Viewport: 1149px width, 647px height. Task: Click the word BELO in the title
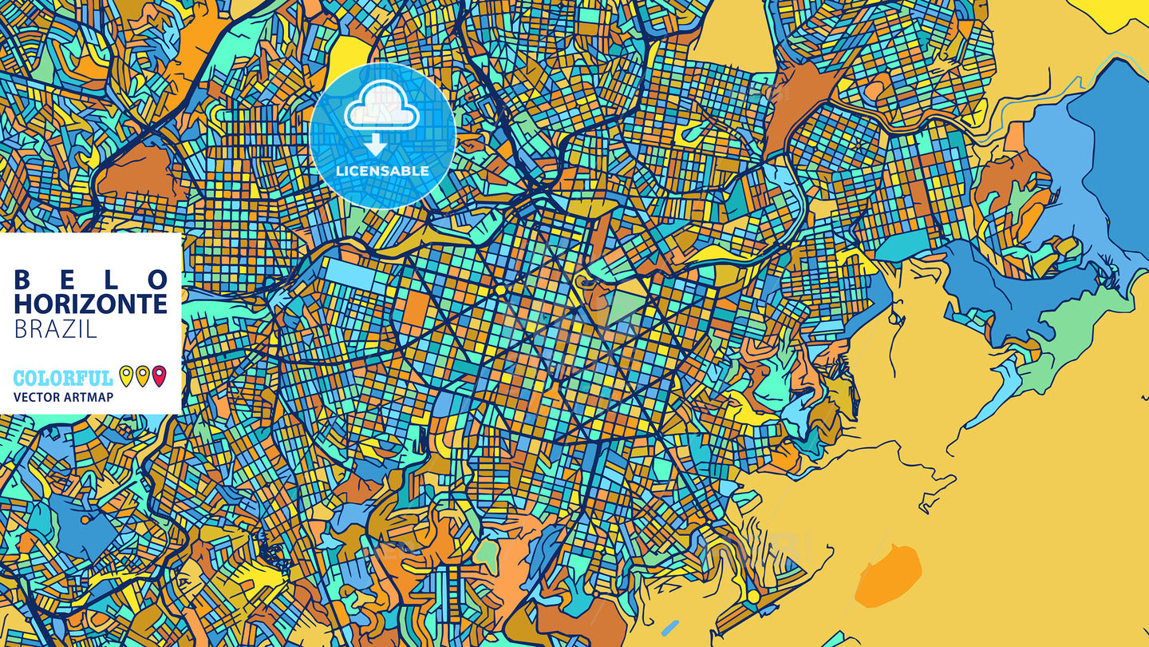pyautogui.click(x=91, y=280)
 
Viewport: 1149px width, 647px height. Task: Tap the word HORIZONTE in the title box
pyautogui.click(x=91, y=304)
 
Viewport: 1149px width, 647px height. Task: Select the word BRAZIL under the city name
pyautogui.click(x=55, y=328)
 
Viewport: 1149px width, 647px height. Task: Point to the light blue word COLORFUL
pyautogui.click(x=63, y=379)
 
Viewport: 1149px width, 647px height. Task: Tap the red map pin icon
pyautogui.click(x=159, y=375)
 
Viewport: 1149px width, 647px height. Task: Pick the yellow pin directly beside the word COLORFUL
pyautogui.click(x=126, y=375)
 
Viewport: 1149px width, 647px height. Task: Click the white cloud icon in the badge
pyautogui.click(x=381, y=109)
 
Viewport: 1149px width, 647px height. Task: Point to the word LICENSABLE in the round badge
pyautogui.click(x=382, y=171)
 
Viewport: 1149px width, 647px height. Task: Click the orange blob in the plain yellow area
pyautogui.click(x=887, y=576)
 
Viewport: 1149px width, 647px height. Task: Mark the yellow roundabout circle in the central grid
pyautogui.click(x=500, y=289)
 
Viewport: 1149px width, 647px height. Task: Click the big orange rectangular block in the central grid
pyautogui.click(x=415, y=312)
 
